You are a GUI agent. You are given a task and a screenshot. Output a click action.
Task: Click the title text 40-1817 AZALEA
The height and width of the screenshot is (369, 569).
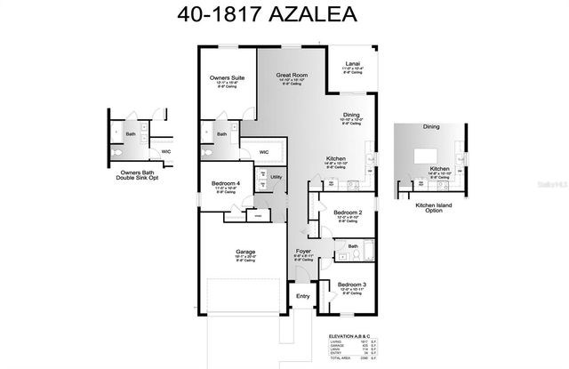tap(284, 16)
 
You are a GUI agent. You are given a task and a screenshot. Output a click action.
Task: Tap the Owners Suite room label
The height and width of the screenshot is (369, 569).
tap(227, 78)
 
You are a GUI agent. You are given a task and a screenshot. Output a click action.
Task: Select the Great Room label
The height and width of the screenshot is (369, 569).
tap(291, 76)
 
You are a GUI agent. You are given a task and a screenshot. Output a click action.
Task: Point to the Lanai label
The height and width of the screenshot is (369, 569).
tap(352, 64)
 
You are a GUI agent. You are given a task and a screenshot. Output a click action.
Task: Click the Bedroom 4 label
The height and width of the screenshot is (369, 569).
tap(225, 183)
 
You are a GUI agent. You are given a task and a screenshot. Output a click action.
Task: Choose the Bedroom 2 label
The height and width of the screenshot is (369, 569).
tap(348, 213)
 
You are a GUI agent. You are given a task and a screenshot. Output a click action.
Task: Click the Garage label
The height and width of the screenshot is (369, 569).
tap(245, 252)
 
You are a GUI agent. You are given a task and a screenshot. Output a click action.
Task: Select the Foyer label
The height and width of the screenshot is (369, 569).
tap(303, 252)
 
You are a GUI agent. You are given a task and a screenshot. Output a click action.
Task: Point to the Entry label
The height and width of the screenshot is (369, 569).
tap(303, 296)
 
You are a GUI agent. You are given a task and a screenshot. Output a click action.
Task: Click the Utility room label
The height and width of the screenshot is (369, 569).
tap(276, 178)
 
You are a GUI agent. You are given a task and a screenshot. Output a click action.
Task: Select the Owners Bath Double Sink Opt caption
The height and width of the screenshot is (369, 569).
tap(131, 176)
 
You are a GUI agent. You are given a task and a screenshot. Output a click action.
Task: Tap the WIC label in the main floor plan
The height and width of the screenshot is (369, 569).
tap(264, 152)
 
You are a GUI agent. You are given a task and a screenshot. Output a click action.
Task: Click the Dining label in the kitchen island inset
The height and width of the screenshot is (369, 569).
tap(431, 127)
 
